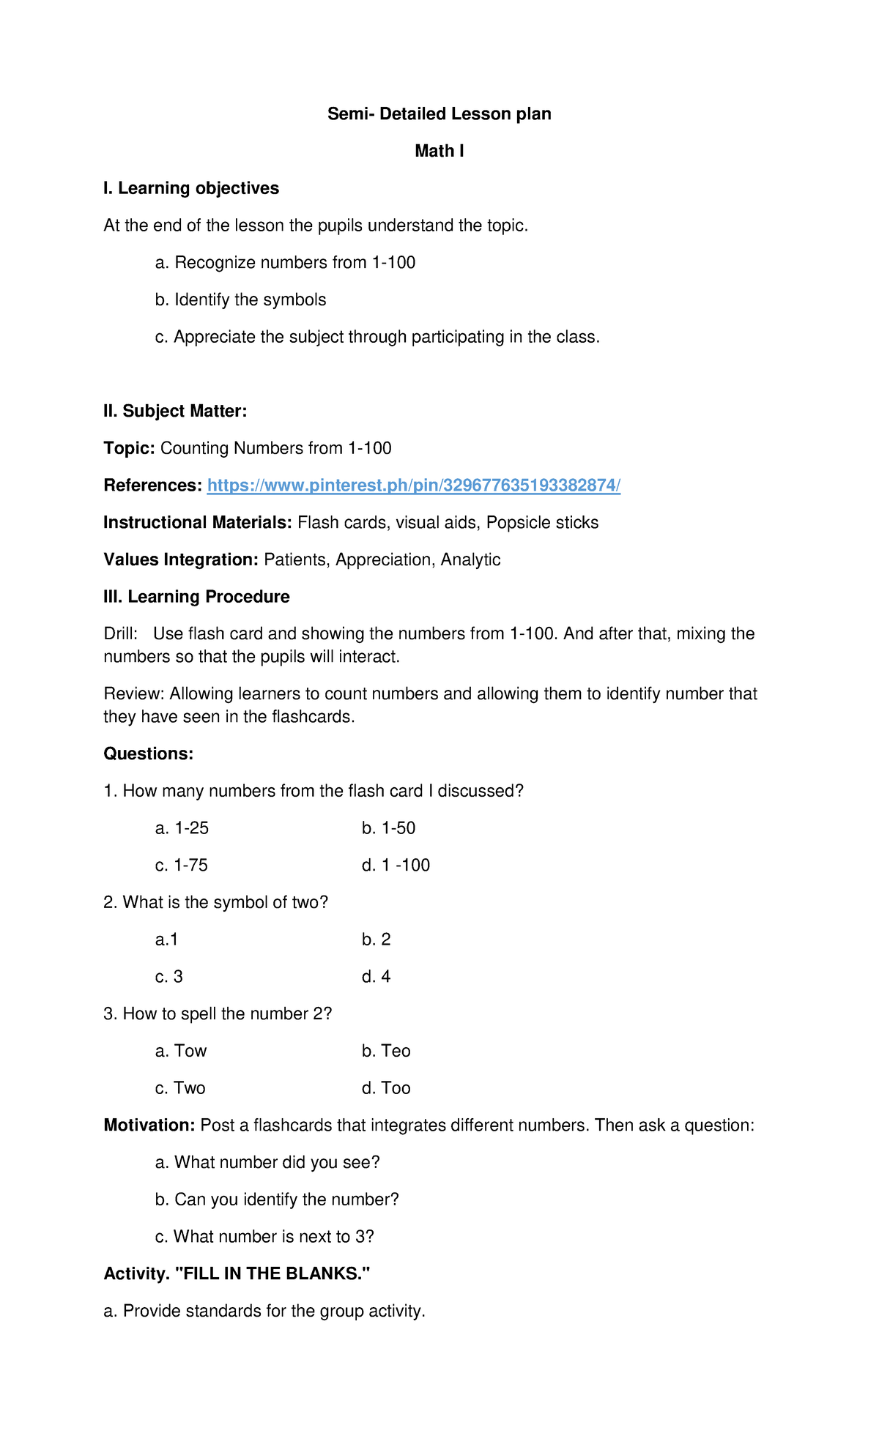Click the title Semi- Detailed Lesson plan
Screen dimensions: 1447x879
point(439,114)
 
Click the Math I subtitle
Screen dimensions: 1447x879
point(439,152)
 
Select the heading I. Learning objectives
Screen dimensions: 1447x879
point(191,189)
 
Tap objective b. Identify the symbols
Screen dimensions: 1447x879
point(240,300)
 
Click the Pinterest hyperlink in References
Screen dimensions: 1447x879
point(414,486)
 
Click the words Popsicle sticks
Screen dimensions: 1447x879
point(542,523)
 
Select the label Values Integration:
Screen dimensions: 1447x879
point(181,560)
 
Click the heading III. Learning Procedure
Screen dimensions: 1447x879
point(196,598)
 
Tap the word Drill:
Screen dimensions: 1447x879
point(121,634)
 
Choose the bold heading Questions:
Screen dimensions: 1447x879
point(149,754)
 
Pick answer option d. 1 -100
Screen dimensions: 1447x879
point(396,866)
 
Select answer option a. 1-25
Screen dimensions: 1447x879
point(182,829)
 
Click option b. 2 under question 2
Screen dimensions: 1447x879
point(376,940)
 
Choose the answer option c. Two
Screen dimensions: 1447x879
point(180,1089)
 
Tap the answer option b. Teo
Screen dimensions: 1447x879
point(386,1052)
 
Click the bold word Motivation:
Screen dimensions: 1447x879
point(149,1126)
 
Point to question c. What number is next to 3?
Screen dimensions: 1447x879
point(264,1237)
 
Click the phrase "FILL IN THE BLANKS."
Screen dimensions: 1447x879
point(273,1274)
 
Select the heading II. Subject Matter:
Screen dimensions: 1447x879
point(175,412)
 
